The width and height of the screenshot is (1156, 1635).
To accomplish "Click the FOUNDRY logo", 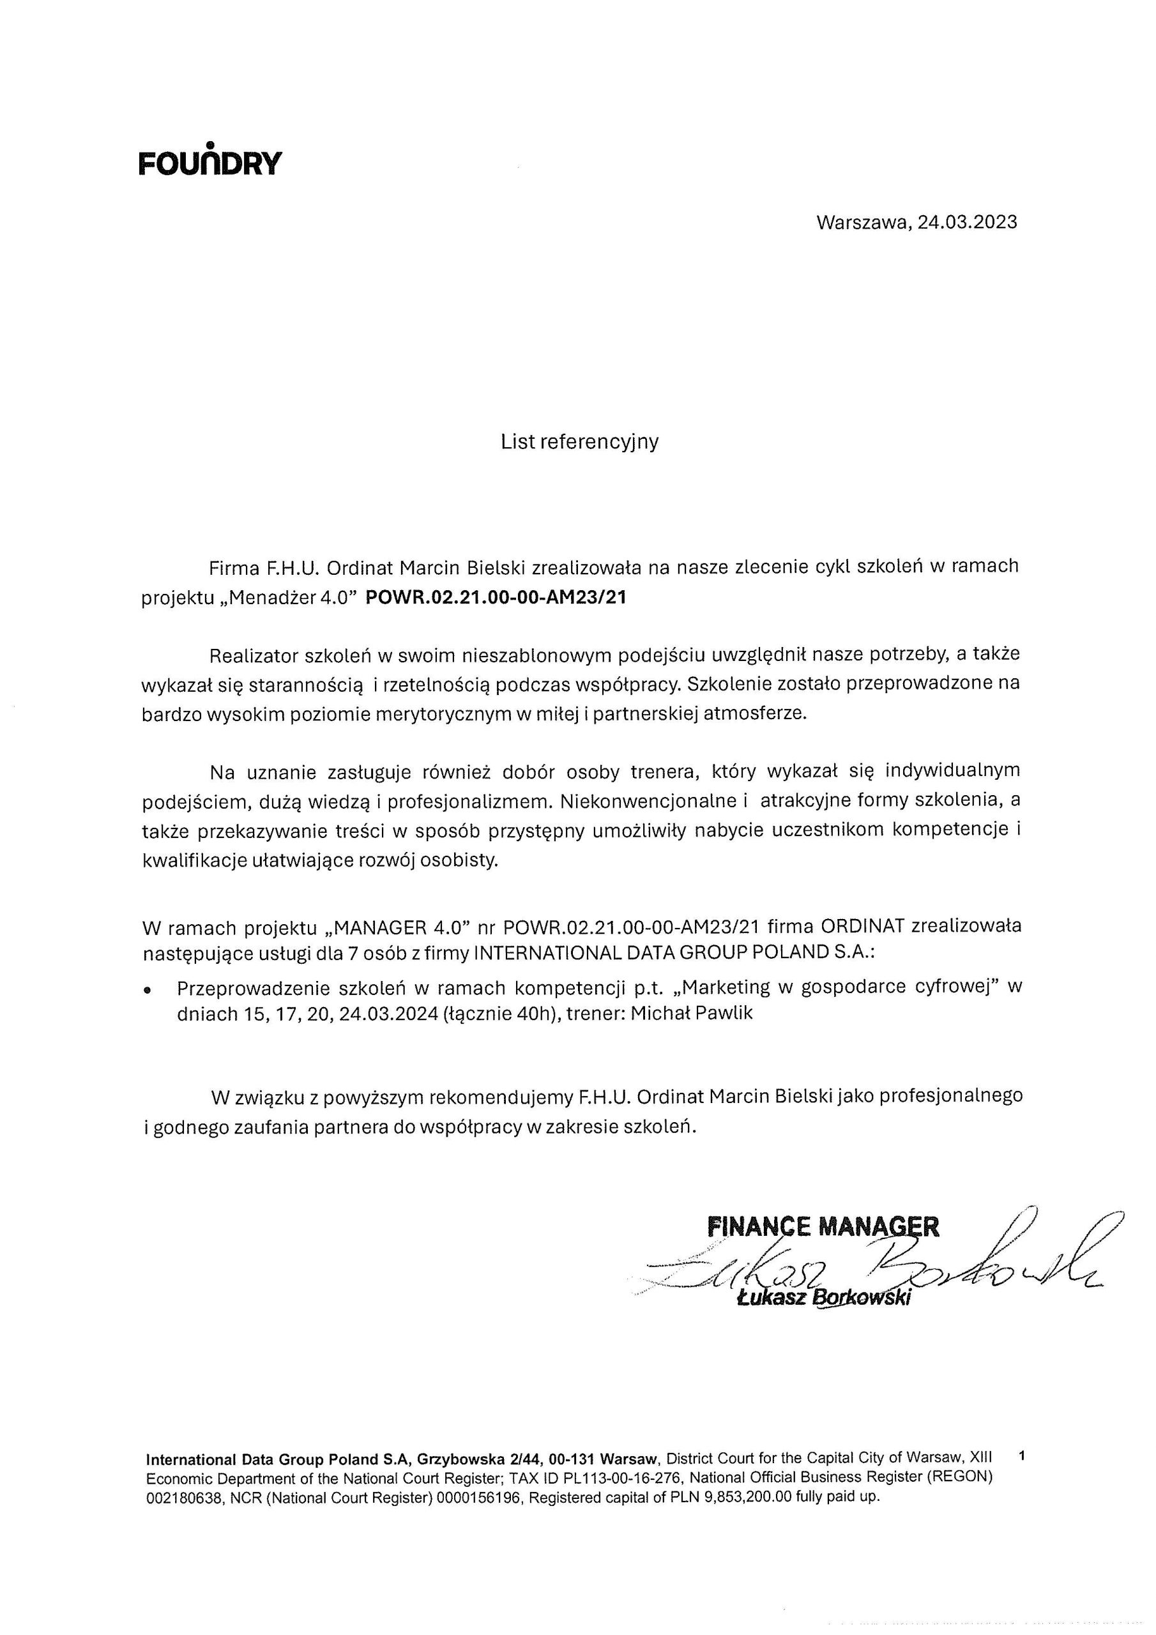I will [210, 161].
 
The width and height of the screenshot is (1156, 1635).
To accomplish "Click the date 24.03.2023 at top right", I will [966, 222].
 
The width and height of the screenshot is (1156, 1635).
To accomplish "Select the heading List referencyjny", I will [579, 441].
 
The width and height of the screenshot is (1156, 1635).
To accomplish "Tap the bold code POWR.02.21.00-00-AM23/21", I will [496, 597].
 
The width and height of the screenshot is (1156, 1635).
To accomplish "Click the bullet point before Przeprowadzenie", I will [148, 990].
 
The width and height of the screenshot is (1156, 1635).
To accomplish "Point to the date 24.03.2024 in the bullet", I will [388, 1014].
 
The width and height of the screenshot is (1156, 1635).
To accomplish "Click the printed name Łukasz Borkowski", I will [824, 1297].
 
